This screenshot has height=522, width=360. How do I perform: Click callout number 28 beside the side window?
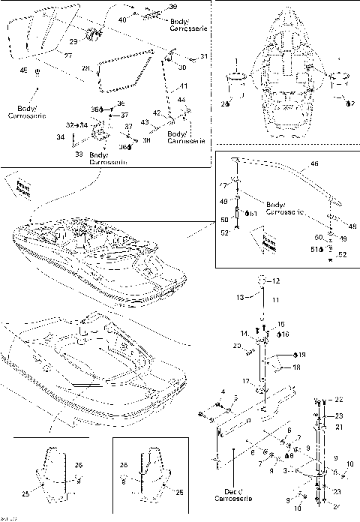[x=85, y=69]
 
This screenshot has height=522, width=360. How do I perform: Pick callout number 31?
[x=203, y=56]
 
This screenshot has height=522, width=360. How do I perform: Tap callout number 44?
[x=181, y=100]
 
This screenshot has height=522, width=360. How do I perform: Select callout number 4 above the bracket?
[x=223, y=391]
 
